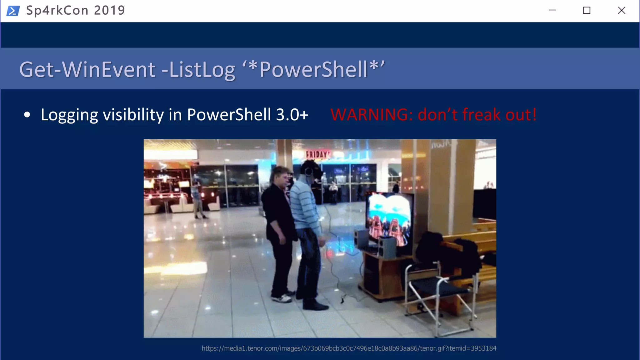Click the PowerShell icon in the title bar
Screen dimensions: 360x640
point(13,11)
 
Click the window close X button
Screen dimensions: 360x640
point(621,11)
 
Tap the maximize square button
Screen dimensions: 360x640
point(587,11)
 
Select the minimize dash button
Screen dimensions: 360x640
point(552,10)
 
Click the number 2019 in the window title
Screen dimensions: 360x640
point(109,11)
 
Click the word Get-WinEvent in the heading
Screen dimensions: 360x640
point(87,69)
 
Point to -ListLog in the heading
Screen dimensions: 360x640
point(198,69)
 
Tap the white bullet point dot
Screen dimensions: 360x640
point(27,115)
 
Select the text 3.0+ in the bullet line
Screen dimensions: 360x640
point(292,115)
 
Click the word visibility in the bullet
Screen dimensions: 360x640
point(133,115)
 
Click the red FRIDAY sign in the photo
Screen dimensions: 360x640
point(317,154)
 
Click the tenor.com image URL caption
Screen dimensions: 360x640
point(349,348)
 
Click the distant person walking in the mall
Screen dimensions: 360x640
point(197,200)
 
